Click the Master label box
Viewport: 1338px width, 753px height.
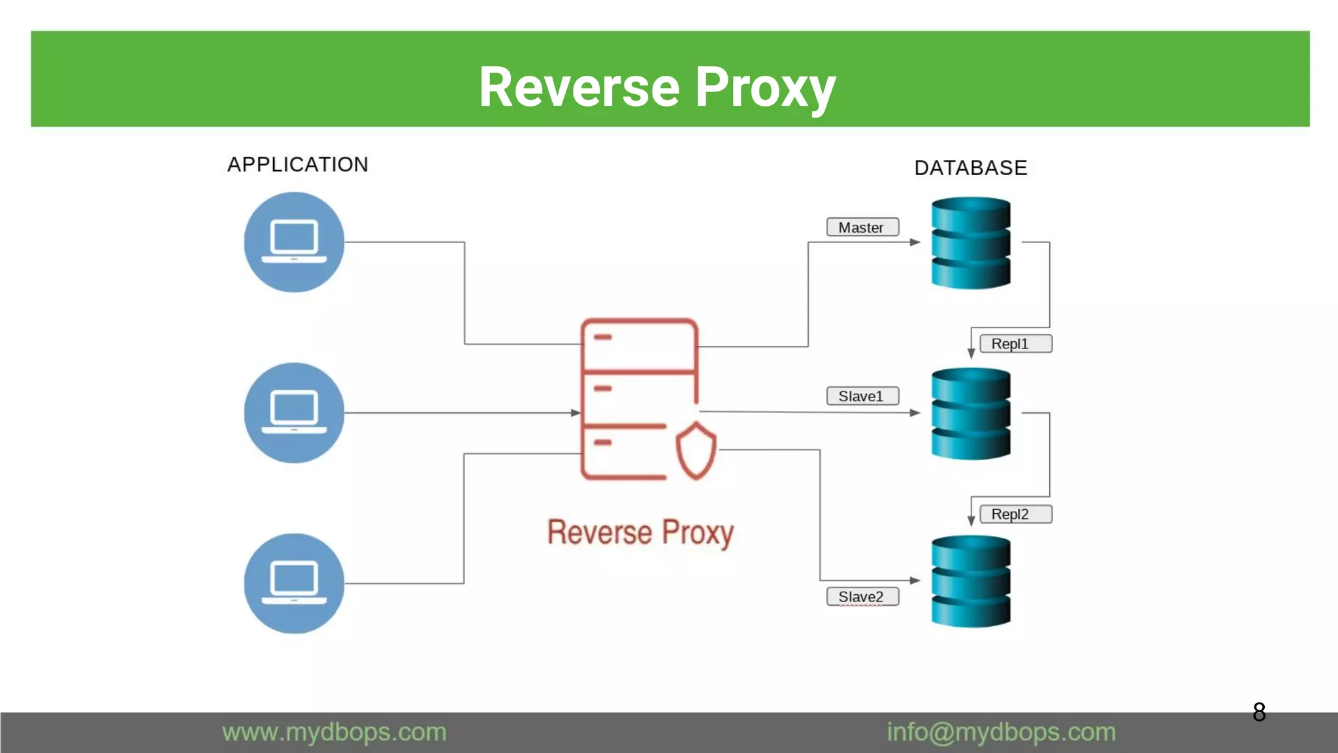point(862,227)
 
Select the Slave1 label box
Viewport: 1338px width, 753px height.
point(862,396)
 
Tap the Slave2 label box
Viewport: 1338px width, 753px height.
point(862,597)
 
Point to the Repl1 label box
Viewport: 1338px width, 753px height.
point(1015,344)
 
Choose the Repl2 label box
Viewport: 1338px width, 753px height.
point(1015,514)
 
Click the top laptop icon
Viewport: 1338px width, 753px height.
point(294,242)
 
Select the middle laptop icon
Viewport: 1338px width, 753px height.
point(294,412)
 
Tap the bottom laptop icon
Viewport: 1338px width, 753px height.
point(294,583)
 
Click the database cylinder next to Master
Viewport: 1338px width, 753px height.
point(971,243)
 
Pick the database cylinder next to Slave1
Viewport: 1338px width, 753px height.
point(971,413)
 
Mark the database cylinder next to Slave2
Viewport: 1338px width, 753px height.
point(971,581)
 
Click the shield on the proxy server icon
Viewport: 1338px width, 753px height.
point(696,451)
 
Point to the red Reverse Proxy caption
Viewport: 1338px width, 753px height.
point(640,532)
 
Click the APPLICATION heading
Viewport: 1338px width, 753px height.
point(298,165)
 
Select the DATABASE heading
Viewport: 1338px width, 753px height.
point(971,168)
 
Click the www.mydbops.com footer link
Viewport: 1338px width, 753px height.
point(334,732)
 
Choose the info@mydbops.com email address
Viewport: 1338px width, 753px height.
point(1001,732)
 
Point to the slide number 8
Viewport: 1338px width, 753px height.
point(1259,712)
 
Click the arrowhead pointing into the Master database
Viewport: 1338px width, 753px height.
point(915,243)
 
